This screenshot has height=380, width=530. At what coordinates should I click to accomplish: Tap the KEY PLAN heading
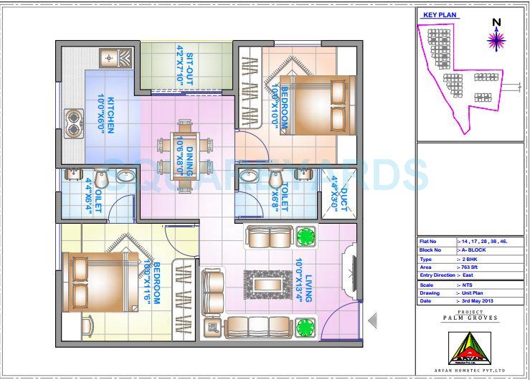point(439,14)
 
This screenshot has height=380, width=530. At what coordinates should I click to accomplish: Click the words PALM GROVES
point(470,317)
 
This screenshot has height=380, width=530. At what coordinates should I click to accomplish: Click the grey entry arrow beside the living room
point(372,320)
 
